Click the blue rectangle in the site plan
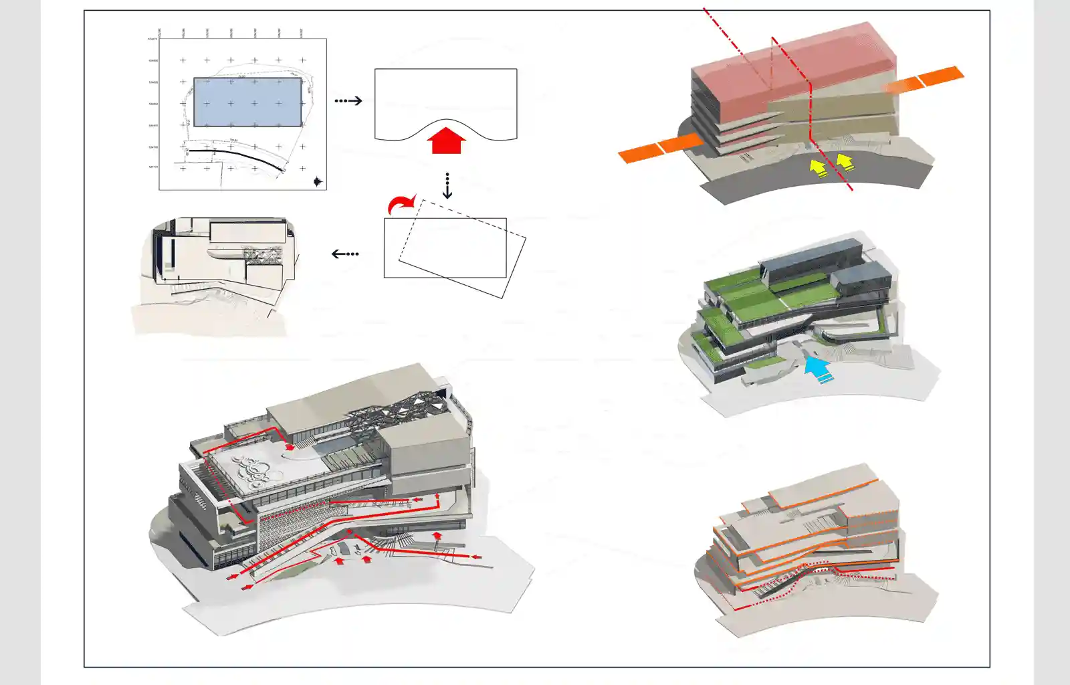pyautogui.click(x=247, y=102)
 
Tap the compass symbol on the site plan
pyautogui.click(x=318, y=181)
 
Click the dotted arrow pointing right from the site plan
pyautogui.click(x=348, y=101)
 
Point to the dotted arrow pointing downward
pyautogui.click(x=447, y=186)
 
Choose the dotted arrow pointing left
pyautogui.click(x=345, y=254)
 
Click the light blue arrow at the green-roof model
pyautogui.click(x=817, y=369)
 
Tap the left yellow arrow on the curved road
pyautogui.click(x=818, y=167)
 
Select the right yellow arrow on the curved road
pyautogui.click(x=845, y=161)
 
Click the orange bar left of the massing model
pyautogui.click(x=659, y=148)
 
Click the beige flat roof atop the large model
pyautogui.click(x=348, y=395)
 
